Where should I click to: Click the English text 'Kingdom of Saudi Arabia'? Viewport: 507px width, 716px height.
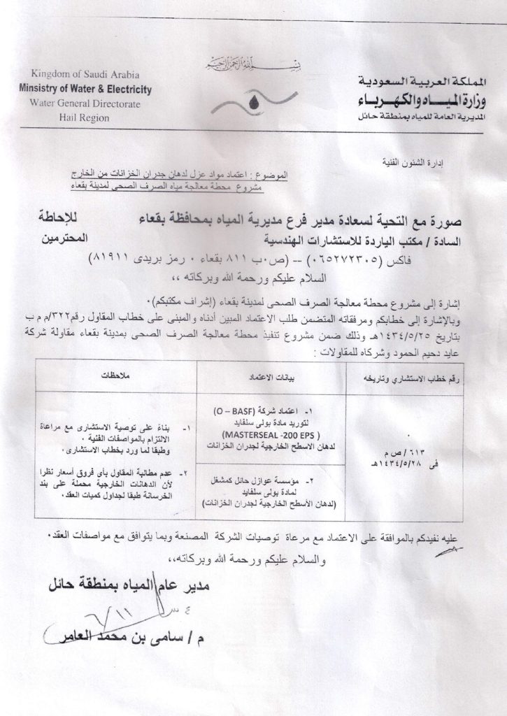coord(86,75)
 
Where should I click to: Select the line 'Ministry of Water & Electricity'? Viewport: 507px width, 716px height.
coord(86,89)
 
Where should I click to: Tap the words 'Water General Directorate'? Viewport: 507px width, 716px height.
coord(86,103)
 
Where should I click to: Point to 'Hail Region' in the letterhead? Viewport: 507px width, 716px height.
coord(85,117)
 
